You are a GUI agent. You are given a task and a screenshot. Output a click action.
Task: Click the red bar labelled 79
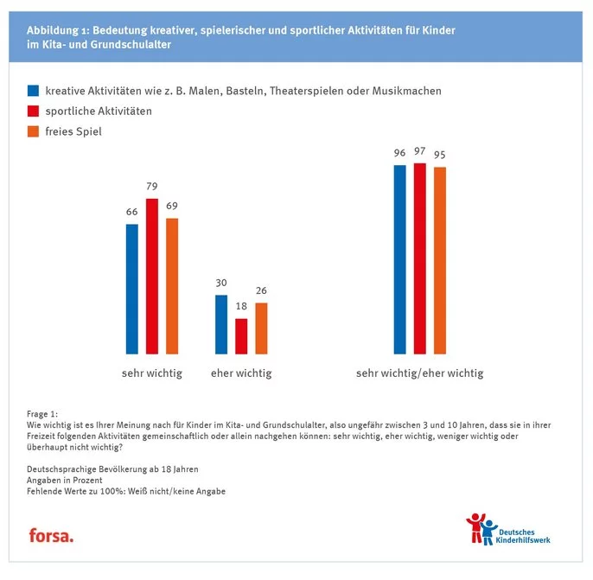click(x=152, y=277)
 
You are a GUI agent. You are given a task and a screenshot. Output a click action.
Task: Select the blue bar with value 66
click(x=132, y=290)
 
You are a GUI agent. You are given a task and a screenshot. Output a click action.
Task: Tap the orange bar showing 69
click(x=172, y=286)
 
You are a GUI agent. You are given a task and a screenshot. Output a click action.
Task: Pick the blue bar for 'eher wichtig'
click(x=221, y=325)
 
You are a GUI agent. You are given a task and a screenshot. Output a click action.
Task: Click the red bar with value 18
click(x=241, y=336)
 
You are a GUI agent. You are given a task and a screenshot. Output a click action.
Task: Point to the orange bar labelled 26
click(x=261, y=328)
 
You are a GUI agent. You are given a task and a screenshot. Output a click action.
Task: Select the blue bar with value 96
click(x=399, y=259)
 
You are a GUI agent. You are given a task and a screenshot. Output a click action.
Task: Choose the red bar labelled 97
click(x=420, y=258)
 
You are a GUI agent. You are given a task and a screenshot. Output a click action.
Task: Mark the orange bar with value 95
click(x=440, y=260)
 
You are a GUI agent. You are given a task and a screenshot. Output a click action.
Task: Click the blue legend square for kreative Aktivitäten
click(x=34, y=91)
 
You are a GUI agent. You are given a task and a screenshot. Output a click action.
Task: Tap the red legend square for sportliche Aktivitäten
click(x=34, y=112)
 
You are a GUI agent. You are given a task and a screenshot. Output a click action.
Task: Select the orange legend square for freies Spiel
click(x=34, y=132)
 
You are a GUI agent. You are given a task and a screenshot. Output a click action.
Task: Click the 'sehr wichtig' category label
click(x=151, y=373)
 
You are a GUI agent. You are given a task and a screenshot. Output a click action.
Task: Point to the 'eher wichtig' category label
click(x=241, y=373)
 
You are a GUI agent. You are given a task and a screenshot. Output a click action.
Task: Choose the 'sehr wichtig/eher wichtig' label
click(x=419, y=373)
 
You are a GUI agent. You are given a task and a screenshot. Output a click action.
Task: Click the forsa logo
click(x=51, y=535)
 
